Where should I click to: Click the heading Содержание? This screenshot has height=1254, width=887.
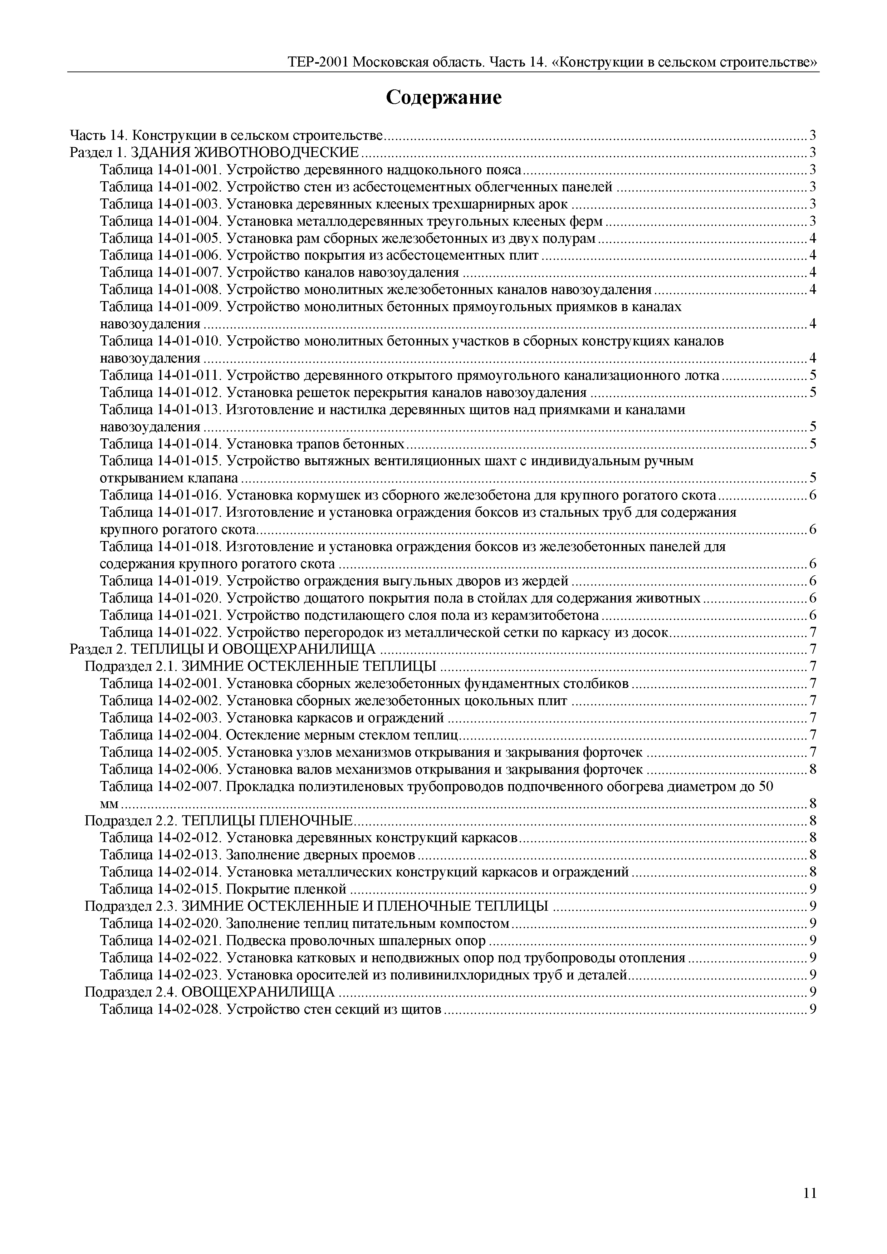pos(443,98)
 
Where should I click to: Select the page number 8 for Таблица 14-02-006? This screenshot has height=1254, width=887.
pos(813,769)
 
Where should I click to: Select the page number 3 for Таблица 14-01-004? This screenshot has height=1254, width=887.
pos(813,221)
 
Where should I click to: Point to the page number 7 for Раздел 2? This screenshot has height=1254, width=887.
pos(813,649)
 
